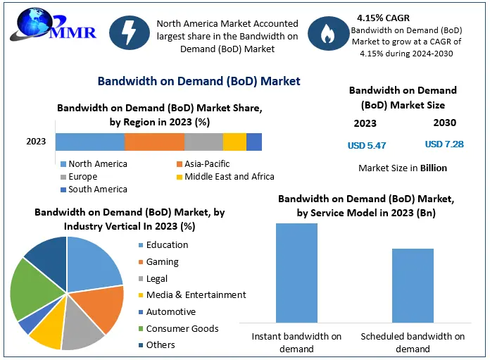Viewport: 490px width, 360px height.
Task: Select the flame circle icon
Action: (x=327, y=36)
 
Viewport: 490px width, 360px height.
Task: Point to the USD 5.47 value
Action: (x=367, y=145)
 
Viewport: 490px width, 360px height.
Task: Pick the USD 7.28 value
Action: (x=444, y=144)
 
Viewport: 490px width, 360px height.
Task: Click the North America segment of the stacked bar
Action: (x=90, y=142)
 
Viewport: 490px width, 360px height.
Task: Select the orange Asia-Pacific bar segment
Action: (x=154, y=142)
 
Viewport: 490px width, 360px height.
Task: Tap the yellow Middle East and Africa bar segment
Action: (x=234, y=142)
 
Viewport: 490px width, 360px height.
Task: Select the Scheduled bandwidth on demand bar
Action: (x=413, y=285)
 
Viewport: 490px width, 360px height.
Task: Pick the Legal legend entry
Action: (x=157, y=278)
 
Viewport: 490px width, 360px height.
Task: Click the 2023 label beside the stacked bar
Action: (x=36, y=142)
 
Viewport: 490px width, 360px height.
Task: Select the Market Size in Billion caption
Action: (x=402, y=168)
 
